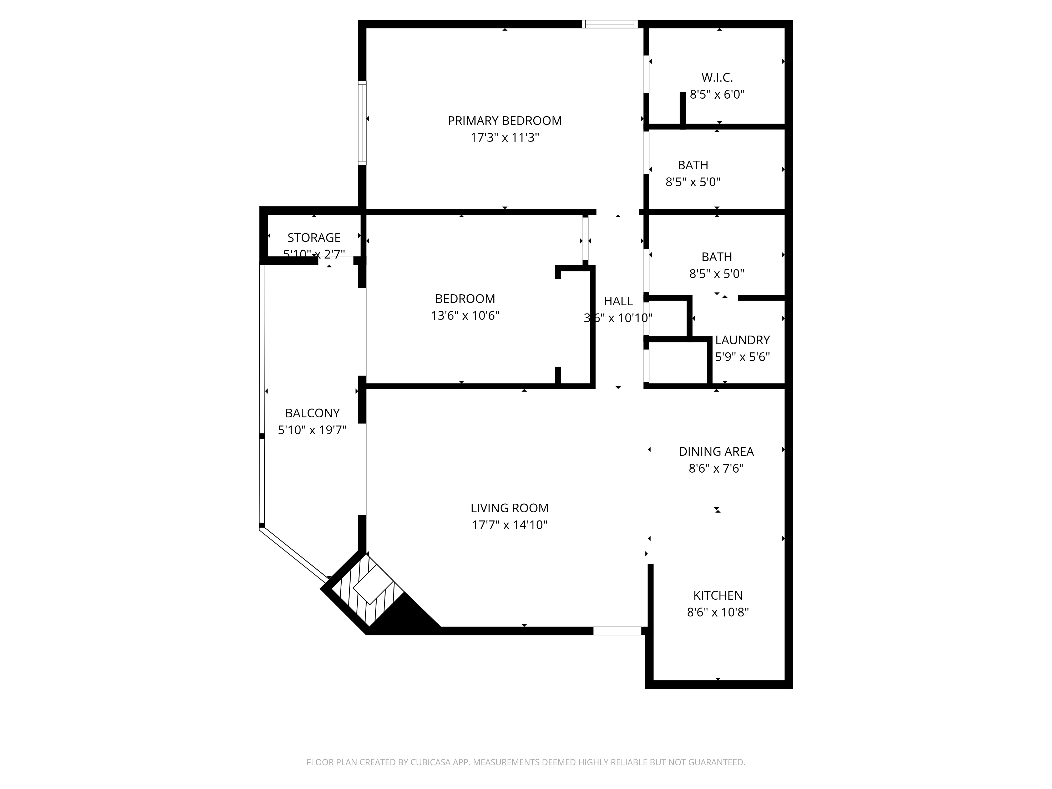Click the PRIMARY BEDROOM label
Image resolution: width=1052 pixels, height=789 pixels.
[x=505, y=121]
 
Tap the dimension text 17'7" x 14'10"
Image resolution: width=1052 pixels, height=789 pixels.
[x=509, y=525]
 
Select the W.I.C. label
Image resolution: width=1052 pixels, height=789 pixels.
[x=717, y=78]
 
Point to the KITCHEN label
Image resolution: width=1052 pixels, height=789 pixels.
[x=718, y=595]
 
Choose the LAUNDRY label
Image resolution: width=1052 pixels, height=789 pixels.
[x=742, y=340]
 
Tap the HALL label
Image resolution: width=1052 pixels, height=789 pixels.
[x=618, y=301]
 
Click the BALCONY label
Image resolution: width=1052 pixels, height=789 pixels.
[x=312, y=413]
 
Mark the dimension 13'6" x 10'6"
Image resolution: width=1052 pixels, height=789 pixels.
[x=465, y=316]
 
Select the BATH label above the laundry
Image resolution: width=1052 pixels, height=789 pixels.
[x=716, y=257]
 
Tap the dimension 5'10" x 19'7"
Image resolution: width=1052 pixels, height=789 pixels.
[x=312, y=430]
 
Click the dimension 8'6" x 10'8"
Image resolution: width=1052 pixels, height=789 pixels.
[x=718, y=612]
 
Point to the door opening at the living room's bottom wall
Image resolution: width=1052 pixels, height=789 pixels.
[x=617, y=631]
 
